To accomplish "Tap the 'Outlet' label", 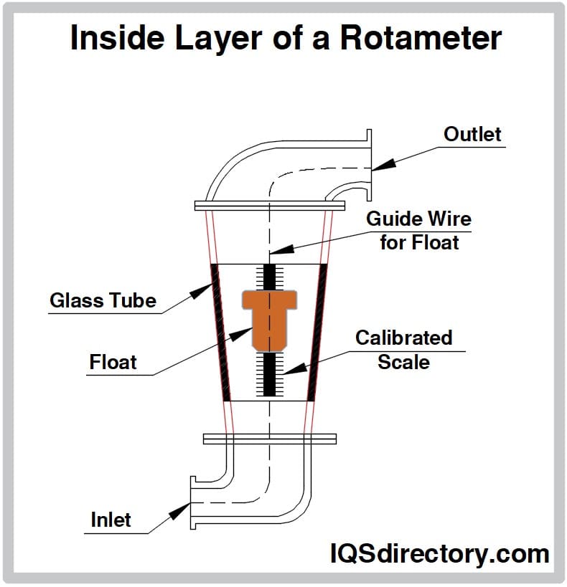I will click(472, 134).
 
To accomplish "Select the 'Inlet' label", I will click(111, 520).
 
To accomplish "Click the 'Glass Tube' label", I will click(103, 300).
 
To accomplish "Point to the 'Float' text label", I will click(113, 362).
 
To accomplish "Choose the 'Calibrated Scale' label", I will click(403, 349).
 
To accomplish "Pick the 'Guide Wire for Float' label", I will click(418, 230).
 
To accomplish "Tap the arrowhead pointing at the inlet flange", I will click(177, 510).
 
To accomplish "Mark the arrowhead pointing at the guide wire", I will click(281, 250).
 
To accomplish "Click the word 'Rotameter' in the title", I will click(421, 37).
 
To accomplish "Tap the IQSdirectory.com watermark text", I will click(439, 553).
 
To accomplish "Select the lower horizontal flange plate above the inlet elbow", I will click(269, 438).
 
